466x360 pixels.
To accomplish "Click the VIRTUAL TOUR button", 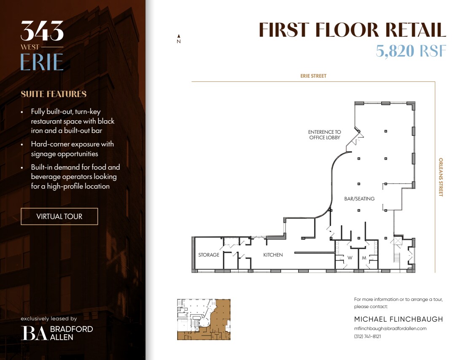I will coord(59,217).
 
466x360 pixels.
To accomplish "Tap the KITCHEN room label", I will coord(273,255).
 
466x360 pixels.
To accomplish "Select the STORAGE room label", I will coord(209,255).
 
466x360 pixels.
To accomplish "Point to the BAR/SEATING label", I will coord(359,199).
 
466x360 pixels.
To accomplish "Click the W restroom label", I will coord(350,257).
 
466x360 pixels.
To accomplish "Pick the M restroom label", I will coord(364,257).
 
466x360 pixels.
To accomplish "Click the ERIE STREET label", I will coord(313,76).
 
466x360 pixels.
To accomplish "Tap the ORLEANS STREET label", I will coord(441,177).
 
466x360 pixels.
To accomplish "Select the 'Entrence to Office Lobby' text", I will coord(325,135).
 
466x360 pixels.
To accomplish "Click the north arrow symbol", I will coord(179,39).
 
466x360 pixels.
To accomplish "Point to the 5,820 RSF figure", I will coord(411,51).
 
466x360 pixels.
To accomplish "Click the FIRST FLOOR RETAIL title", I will coord(352,30).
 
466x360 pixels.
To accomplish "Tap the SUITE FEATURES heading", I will coord(54,94).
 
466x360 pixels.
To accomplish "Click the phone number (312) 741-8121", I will coord(367,336).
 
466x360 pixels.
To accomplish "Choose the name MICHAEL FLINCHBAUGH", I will coord(399,319).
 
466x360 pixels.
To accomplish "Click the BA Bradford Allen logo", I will coord(57,333).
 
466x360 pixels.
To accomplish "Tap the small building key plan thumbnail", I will coord(204,319).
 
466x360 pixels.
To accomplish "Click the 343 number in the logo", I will coord(42,31).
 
